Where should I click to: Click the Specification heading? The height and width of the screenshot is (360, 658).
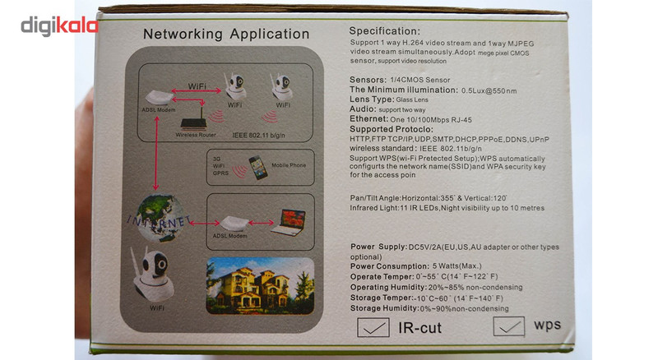(384, 30)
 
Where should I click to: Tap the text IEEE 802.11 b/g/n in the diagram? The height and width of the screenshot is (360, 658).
(263, 131)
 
